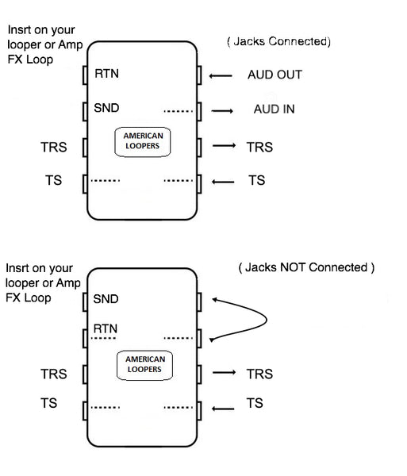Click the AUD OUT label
(x=275, y=75)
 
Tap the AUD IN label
(x=274, y=109)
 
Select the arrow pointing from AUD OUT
(x=221, y=75)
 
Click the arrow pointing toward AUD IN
(x=222, y=111)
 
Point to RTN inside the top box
(x=106, y=74)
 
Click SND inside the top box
(x=106, y=108)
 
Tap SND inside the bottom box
(x=106, y=299)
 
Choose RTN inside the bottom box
(x=106, y=328)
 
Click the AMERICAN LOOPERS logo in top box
(x=143, y=142)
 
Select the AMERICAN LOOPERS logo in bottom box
(x=144, y=365)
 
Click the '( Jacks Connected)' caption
(x=278, y=41)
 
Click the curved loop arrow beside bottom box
(x=267, y=320)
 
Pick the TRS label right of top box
(x=259, y=148)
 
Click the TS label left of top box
(x=53, y=180)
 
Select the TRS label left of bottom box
(x=54, y=374)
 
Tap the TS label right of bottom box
(x=255, y=403)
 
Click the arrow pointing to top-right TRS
(x=224, y=146)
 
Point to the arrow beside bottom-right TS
(x=223, y=409)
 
